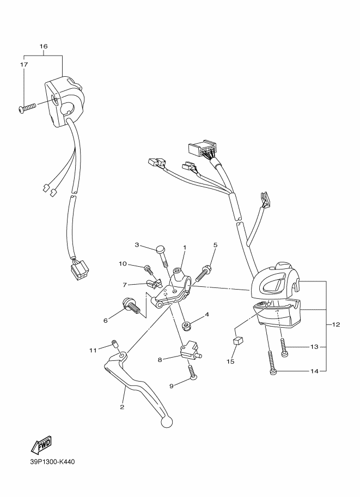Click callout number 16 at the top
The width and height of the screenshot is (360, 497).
tap(44, 46)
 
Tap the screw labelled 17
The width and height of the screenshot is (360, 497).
tap(27, 107)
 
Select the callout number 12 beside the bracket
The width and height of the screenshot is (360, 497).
tap(336, 325)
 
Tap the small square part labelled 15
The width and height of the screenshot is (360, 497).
tap(237, 342)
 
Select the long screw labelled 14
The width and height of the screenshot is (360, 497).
tap(272, 363)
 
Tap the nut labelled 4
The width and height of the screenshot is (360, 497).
tap(186, 326)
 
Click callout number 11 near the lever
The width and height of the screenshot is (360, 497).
tap(93, 349)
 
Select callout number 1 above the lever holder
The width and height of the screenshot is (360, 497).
tap(185, 248)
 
